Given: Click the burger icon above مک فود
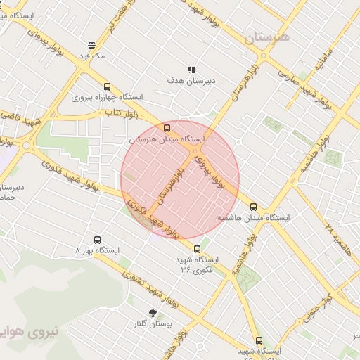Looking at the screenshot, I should pos(92,44).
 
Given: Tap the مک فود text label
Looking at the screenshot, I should pos(92,55).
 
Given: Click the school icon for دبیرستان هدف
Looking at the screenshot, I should pos(191,69).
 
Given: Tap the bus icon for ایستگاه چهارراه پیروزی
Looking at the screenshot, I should pos(107,86).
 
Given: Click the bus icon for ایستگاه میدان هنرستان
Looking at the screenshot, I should pos(167,128).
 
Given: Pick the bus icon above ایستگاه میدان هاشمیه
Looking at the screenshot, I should pos(253,207).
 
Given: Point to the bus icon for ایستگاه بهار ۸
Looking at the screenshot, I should pos(97,239).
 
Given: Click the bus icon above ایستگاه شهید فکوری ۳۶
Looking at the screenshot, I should pos(197,248).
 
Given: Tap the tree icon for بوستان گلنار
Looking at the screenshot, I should pos(153,313).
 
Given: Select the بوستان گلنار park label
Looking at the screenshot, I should pos(153,324).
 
